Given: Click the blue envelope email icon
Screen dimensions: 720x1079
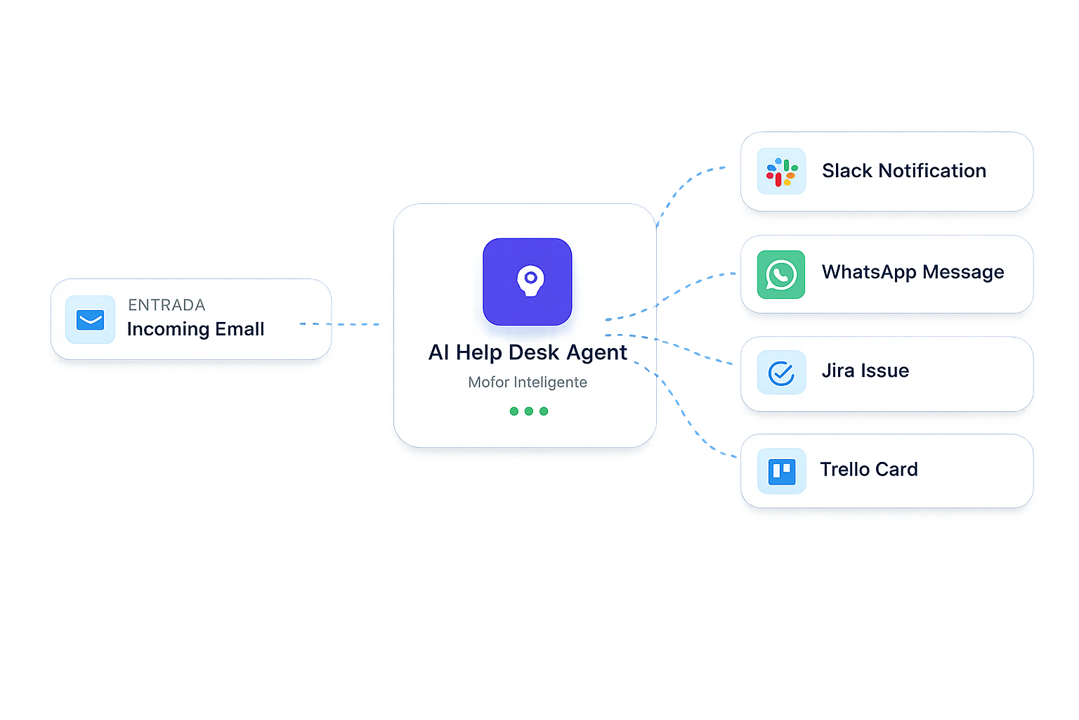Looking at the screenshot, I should click(90, 320).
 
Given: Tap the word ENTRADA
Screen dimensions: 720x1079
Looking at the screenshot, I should click(166, 305).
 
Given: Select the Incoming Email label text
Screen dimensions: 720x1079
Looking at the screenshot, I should click(195, 329).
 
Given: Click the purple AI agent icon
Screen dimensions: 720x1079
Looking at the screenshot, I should click(528, 281).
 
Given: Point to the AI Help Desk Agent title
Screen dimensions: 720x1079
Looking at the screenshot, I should click(528, 352).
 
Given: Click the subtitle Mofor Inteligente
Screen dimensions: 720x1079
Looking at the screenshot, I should click(528, 382).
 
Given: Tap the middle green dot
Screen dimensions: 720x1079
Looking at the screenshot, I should click(529, 411).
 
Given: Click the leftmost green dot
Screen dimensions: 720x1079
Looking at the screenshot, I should click(514, 411).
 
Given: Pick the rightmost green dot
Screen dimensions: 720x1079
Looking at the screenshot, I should click(544, 411).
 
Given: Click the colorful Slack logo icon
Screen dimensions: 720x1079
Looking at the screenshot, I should click(781, 172).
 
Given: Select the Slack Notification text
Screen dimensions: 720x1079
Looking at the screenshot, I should click(904, 171).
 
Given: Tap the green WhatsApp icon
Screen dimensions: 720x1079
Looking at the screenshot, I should click(781, 274).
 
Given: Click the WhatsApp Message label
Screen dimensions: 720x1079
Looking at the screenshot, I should click(913, 272).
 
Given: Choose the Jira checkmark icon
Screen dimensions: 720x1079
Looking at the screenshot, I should click(781, 373).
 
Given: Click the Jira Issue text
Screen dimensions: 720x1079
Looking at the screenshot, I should click(865, 371).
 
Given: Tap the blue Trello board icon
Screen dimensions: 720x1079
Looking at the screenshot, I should click(781, 471).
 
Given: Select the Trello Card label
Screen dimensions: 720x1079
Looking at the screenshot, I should click(869, 469).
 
